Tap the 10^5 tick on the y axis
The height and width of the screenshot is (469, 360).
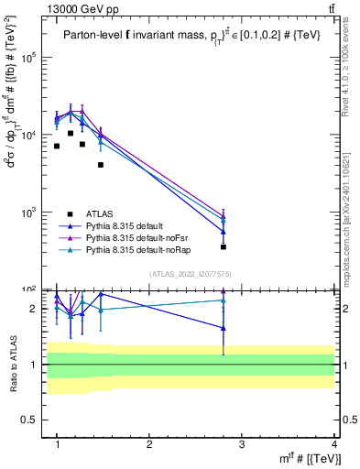pos(31,57)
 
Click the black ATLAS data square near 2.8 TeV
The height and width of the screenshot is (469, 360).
pos(224,246)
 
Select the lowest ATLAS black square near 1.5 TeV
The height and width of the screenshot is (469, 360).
pos(101,165)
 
